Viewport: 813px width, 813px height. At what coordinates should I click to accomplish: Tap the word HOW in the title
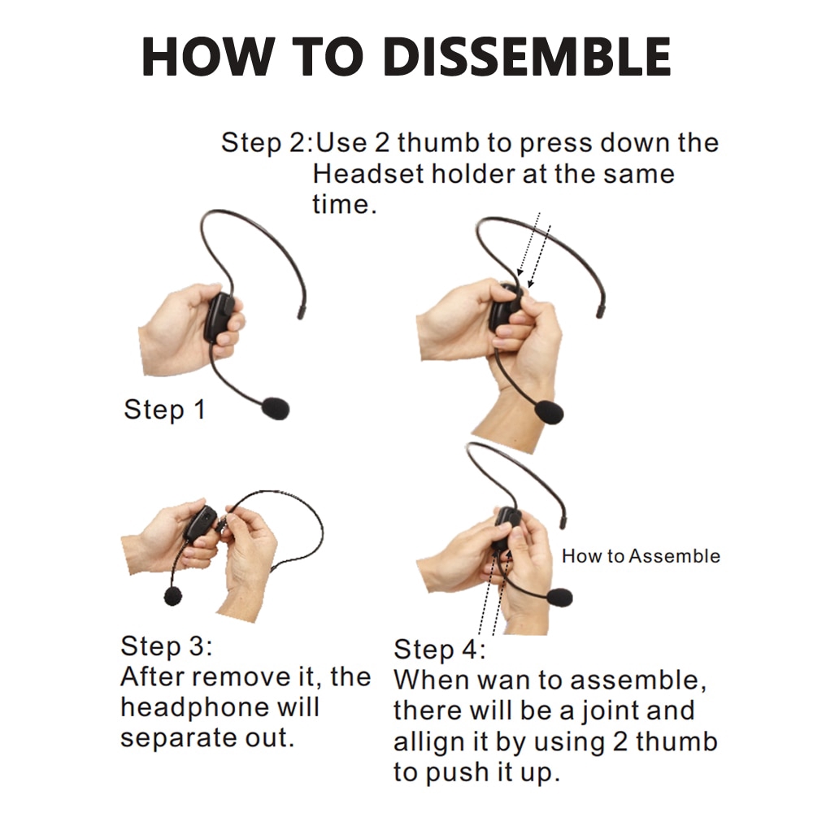click(207, 57)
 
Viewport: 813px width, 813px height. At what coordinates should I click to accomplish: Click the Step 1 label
click(164, 410)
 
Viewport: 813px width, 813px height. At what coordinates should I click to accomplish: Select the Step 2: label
click(267, 142)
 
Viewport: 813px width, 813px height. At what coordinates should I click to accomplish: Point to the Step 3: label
click(167, 646)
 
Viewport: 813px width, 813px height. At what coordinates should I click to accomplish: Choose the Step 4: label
click(440, 650)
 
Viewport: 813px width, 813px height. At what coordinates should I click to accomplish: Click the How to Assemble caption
click(641, 556)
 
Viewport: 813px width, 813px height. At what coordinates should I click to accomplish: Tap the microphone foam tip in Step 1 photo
click(276, 408)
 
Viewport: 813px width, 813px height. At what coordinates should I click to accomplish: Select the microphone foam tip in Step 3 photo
click(173, 596)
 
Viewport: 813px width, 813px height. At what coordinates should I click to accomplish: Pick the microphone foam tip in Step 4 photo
click(559, 597)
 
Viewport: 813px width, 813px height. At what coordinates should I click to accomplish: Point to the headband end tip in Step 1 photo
click(300, 313)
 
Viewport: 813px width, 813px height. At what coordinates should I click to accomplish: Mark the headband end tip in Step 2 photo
click(600, 311)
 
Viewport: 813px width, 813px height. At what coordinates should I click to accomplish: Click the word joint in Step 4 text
click(606, 711)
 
